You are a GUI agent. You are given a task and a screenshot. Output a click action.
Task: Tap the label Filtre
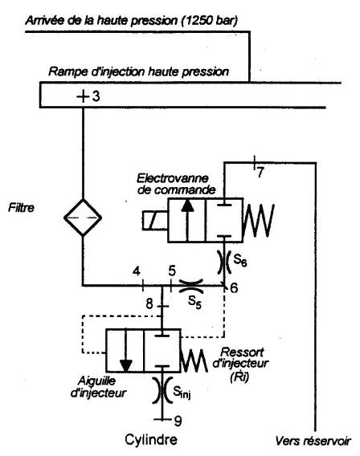[21, 208]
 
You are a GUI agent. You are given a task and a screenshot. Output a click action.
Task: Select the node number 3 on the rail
[96, 96]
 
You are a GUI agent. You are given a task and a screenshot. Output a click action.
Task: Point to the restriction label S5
[194, 302]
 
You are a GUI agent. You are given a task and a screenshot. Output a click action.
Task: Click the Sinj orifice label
[182, 393]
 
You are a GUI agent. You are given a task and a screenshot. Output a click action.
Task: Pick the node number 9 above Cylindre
[178, 421]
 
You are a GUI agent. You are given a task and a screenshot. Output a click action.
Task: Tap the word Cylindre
[151, 439]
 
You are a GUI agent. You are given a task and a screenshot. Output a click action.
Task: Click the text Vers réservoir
[313, 442]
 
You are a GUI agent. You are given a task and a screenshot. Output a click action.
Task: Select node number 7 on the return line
[260, 173]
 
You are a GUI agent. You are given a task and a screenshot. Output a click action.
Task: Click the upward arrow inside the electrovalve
[187, 220]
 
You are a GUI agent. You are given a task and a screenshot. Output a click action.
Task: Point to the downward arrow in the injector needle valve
[125, 351]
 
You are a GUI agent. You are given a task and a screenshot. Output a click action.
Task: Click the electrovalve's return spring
[259, 220]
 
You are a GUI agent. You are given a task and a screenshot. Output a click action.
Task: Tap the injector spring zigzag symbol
[194, 360]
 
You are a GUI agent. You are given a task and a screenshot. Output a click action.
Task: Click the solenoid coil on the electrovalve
[155, 221]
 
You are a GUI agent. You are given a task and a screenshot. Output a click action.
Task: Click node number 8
[149, 304]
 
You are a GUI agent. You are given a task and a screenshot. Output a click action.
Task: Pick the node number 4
[136, 271]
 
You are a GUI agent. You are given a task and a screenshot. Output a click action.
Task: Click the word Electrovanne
[173, 178]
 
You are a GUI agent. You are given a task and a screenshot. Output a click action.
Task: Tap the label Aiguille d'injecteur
[98, 387]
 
